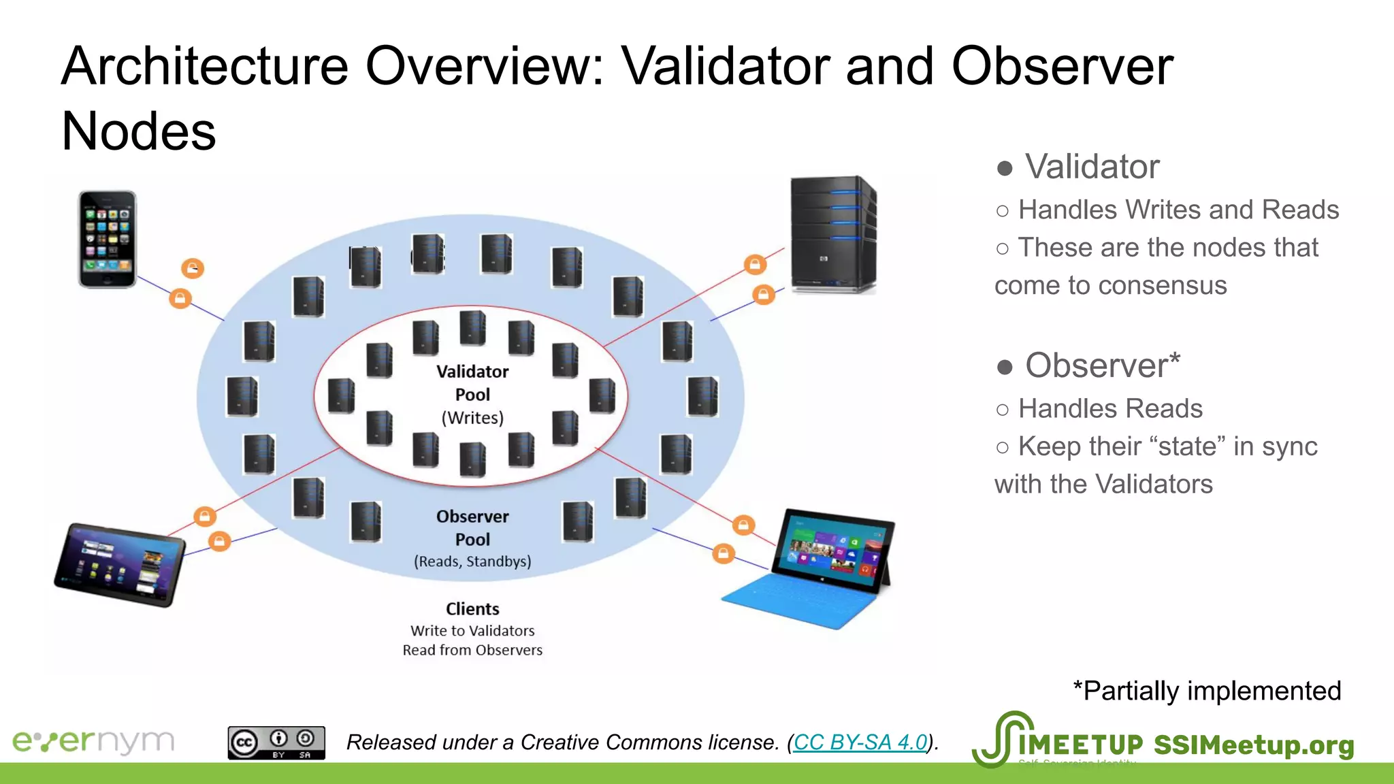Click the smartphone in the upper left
click(108, 239)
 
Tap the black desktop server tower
click(832, 235)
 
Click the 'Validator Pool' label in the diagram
click(472, 383)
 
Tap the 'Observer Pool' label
click(472, 527)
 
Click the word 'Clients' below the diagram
click(472, 609)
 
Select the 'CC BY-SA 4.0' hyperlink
click(860, 742)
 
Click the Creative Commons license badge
click(276, 742)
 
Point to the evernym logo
click(93, 741)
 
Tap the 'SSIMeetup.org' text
click(1253, 745)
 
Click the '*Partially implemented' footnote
click(1206, 691)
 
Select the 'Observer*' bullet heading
click(1102, 365)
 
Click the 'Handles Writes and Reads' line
click(1178, 210)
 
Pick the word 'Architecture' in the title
click(204, 66)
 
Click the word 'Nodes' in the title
click(139, 131)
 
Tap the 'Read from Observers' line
click(472, 650)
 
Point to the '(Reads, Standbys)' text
click(472, 561)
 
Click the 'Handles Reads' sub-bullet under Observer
click(1110, 408)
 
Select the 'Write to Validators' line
click(472, 631)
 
